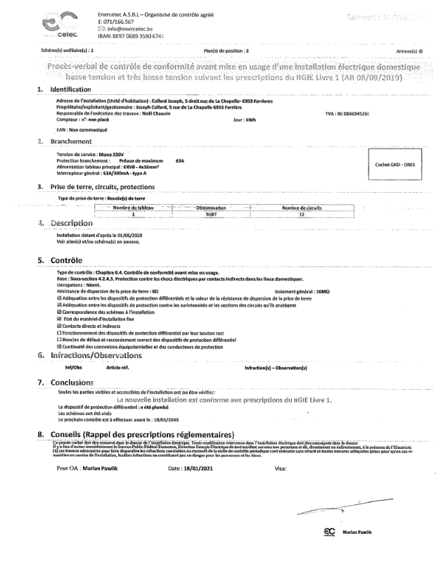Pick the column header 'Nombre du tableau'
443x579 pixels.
(132, 208)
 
